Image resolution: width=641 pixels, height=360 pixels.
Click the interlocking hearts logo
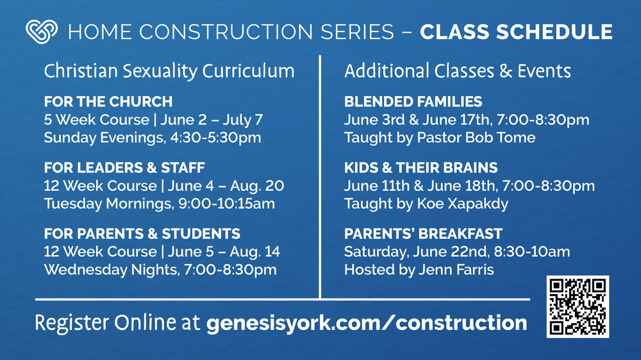click(41, 31)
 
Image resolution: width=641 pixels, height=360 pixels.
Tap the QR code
click(578, 307)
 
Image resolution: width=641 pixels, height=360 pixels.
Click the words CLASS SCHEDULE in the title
click(516, 31)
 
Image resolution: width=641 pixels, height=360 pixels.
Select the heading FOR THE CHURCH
click(108, 102)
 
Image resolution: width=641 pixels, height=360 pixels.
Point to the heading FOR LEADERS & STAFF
click(124, 168)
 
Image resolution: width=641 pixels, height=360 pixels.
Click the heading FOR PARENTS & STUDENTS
click(142, 234)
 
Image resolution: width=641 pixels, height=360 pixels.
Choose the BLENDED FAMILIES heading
click(413, 102)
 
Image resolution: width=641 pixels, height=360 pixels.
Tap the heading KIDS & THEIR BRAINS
click(420, 168)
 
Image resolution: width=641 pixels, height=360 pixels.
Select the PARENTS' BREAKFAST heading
click(423, 234)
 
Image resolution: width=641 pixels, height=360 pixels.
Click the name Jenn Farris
click(455, 270)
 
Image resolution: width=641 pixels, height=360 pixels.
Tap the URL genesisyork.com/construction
click(367, 322)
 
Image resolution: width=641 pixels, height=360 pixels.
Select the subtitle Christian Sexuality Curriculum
click(169, 70)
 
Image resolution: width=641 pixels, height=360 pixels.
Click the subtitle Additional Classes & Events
click(457, 70)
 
